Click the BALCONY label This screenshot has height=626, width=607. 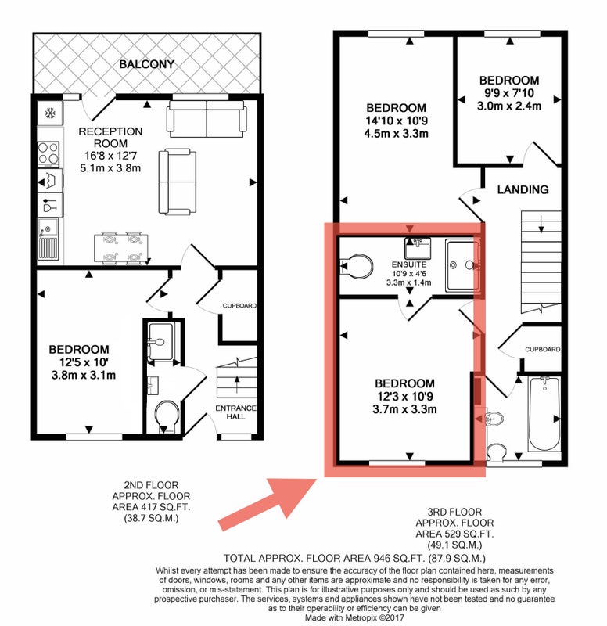coord(147,64)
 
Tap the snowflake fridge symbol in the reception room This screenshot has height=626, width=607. coord(50,113)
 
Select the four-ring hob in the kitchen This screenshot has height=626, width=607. coord(48,154)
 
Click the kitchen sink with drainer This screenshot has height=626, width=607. coord(48,239)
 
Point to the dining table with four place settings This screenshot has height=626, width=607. coord(121,248)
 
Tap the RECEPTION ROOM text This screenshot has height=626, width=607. coord(110,138)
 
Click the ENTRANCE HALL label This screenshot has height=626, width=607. coord(236,412)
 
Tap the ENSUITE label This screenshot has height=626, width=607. coord(409,264)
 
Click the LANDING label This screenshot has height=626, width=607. coord(523,189)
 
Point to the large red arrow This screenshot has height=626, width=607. coord(268,504)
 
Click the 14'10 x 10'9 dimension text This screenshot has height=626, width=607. coord(397,121)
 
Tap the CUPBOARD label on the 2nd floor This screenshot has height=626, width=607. coord(239,306)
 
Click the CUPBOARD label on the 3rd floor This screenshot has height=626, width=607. coord(542,349)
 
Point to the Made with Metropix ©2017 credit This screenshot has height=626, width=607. coord(355,617)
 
